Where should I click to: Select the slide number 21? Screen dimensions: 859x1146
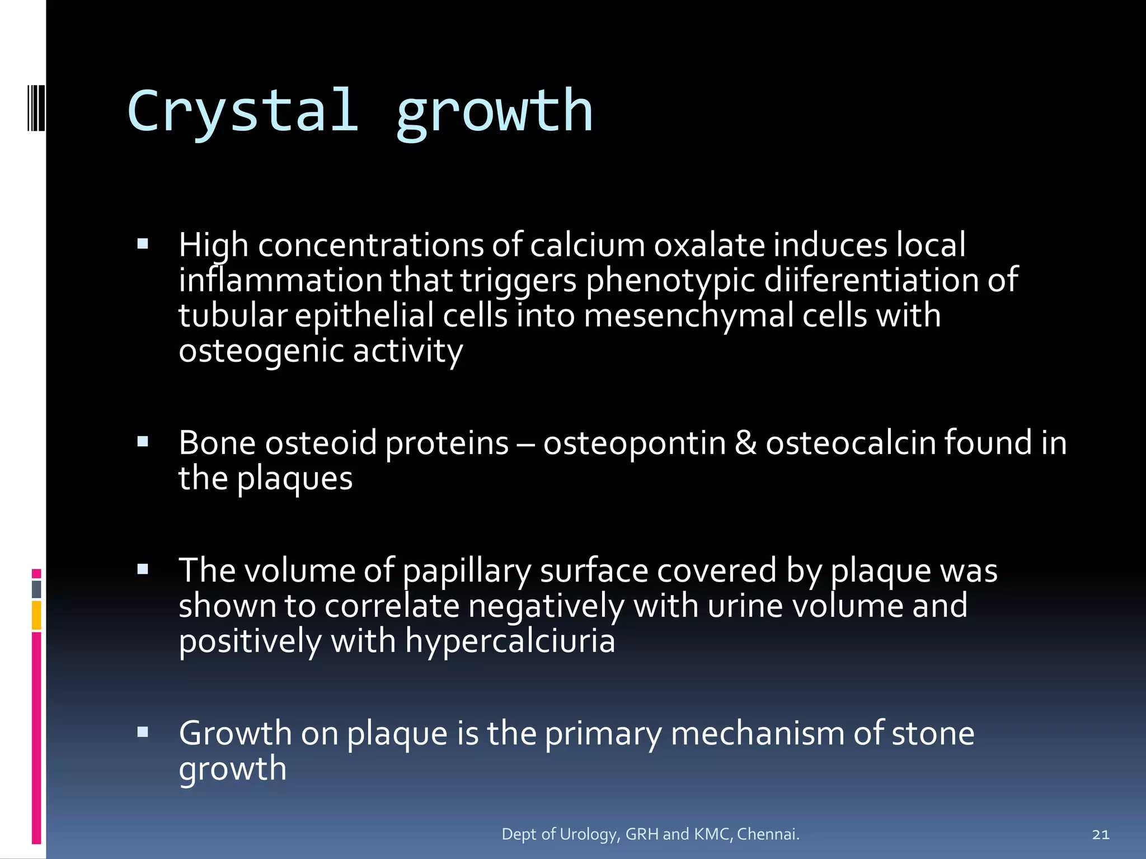point(1100,834)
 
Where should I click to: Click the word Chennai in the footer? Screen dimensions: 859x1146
point(768,834)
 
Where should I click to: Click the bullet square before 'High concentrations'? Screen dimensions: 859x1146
point(143,244)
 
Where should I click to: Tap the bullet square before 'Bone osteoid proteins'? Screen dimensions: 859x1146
point(143,442)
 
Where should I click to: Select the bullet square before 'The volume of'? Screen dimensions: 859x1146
point(143,569)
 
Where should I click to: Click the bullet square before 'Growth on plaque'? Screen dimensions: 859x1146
point(143,732)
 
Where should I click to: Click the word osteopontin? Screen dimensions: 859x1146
point(635,443)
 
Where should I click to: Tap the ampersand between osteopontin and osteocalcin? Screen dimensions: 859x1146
point(745,443)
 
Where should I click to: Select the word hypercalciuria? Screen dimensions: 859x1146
point(510,641)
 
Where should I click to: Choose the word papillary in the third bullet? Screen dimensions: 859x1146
point(467,572)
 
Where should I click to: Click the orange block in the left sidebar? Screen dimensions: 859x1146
point(36,615)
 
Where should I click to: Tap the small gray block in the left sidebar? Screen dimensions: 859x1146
point(36,589)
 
